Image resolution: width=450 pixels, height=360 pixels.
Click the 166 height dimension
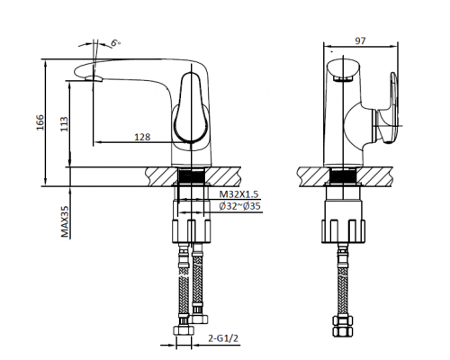click(39, 123)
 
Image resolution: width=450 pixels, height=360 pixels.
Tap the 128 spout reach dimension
click(140, 138)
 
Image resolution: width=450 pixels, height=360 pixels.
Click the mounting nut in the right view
click(343, 229)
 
